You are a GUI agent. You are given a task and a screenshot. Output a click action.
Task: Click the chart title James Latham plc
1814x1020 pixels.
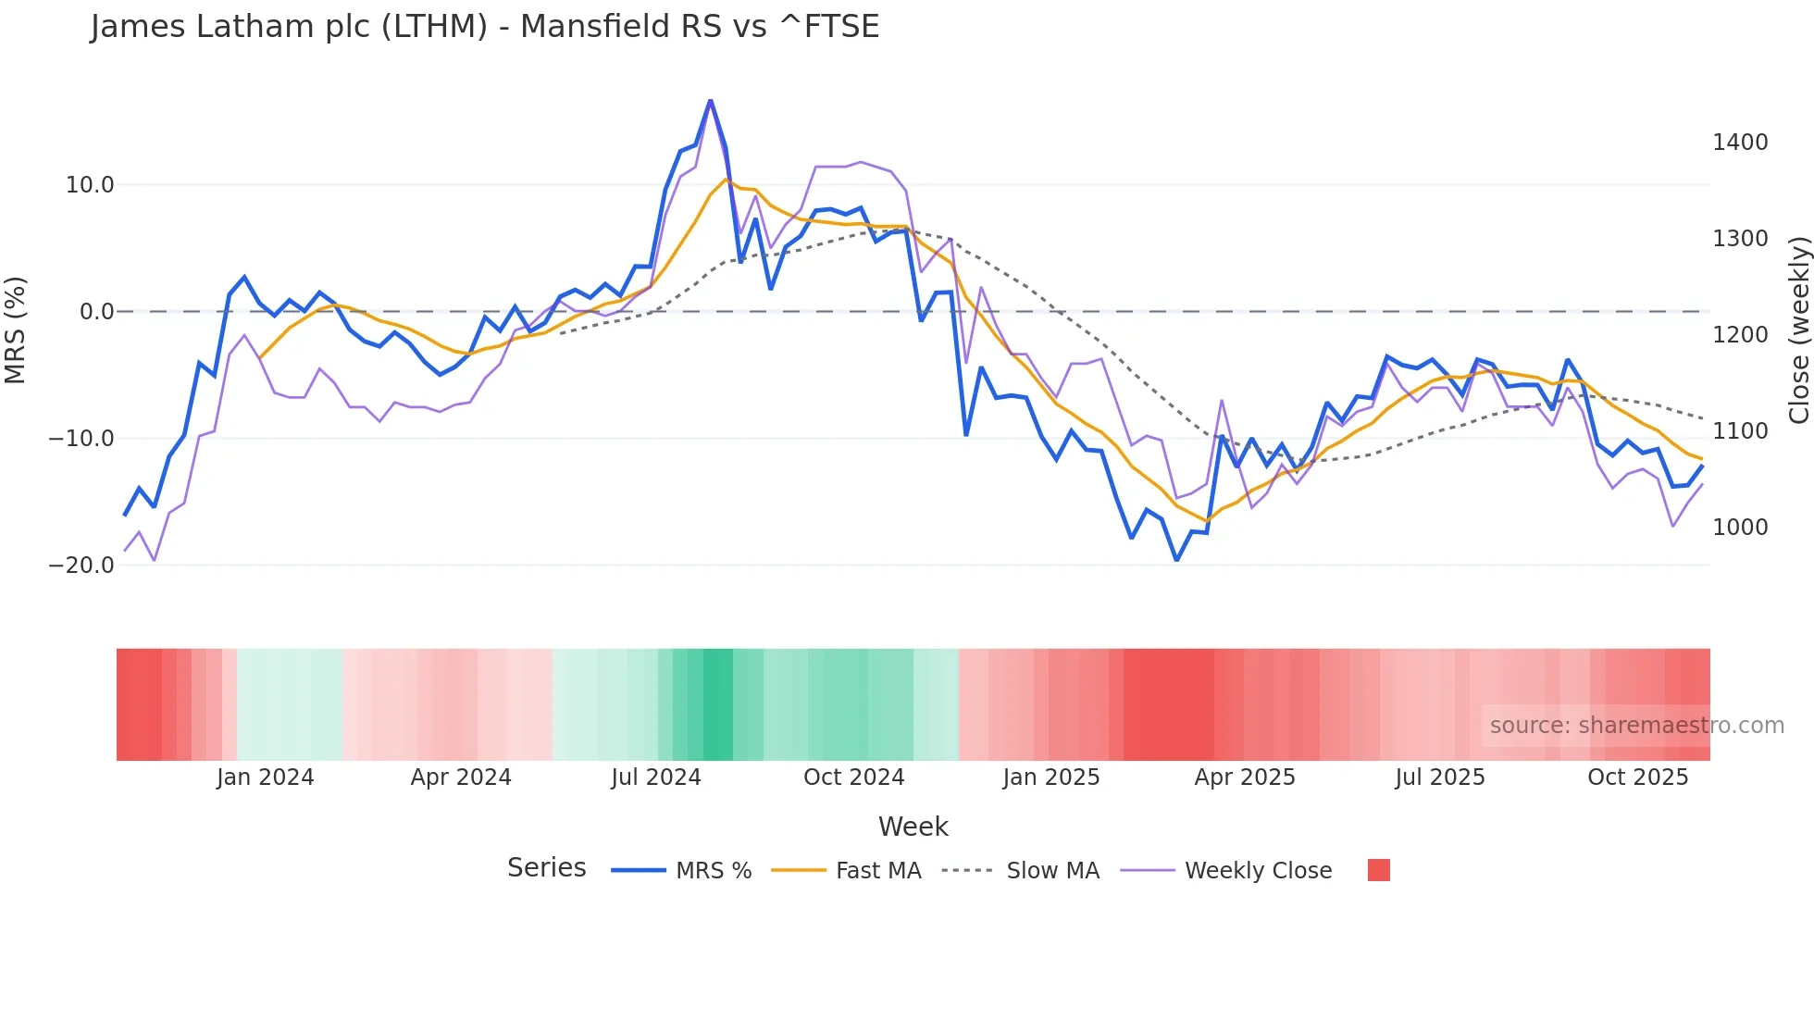coord(484,27)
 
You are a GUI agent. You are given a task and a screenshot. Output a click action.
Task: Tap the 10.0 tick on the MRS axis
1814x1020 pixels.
coord(90,185)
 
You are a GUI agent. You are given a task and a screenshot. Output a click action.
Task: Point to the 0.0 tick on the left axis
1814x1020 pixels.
coord(96,312)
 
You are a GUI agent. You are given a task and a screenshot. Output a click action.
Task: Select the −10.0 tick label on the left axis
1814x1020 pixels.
coord(81,439)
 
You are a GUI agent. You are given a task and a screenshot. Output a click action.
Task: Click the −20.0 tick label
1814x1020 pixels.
coord(81,566)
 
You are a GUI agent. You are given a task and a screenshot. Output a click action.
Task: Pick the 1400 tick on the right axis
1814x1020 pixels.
coord(1740,143)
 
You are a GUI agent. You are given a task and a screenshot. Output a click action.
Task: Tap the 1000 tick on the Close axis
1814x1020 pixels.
coord(1740,528)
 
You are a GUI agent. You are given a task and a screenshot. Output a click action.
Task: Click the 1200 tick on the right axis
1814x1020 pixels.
coord(1740,335)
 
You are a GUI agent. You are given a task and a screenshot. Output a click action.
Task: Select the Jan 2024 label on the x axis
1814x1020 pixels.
coord(266,777)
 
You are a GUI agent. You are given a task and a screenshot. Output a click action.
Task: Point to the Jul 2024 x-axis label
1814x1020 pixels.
coord(656,777)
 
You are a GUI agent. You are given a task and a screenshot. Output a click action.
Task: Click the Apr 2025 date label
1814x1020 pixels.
coord(1245,777)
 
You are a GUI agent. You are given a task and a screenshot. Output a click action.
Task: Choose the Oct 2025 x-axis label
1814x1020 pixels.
coord(1638,777)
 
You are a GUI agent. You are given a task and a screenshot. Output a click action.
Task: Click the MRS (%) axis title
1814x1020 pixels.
coord(16,330)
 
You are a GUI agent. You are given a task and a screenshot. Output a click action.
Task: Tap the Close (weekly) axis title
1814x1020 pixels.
coord(1798,330)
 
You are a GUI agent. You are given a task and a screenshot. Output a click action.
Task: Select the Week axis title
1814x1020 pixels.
coord(913,827)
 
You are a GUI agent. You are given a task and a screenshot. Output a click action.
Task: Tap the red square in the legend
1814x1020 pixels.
coord(1378,870)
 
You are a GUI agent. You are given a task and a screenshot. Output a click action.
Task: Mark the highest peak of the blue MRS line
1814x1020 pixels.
coord(710,100)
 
